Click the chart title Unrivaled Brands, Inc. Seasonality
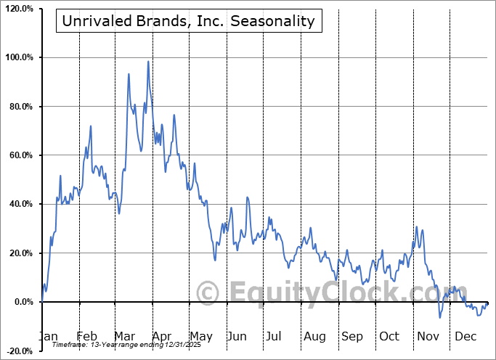189,21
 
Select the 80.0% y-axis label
20,107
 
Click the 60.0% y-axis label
20,155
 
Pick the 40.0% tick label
20,204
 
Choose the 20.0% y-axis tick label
20,253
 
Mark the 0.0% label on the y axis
22,302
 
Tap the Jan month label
48,336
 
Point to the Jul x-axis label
275,336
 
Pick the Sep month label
352,336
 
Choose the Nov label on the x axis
428,336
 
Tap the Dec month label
466,336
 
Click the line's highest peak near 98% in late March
148,61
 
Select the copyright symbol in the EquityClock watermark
208,292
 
